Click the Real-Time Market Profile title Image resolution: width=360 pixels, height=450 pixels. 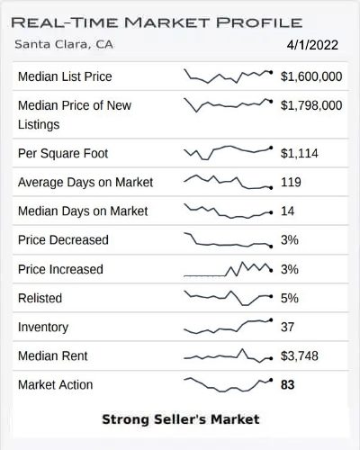[157, 20]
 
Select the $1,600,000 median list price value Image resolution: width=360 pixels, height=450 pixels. [311, 76]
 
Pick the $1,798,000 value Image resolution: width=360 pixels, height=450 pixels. [311, 106]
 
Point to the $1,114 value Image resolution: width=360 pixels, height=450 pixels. [301, 154]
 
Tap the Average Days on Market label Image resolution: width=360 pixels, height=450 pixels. [85, 183]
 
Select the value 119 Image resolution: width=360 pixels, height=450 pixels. [292, 183]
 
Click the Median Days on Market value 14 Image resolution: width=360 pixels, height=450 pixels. [288, 211]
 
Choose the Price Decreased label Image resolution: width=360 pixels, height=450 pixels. [63, 240]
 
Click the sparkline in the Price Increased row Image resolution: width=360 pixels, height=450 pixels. [228, 268]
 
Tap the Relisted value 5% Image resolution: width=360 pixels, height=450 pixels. [290, 298]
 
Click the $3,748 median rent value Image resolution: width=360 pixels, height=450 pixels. [301, 356]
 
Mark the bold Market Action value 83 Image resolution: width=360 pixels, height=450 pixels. [288, 385]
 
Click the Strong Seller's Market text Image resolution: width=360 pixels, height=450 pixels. [180, 419]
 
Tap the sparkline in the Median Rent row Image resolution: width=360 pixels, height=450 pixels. [228, 356]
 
